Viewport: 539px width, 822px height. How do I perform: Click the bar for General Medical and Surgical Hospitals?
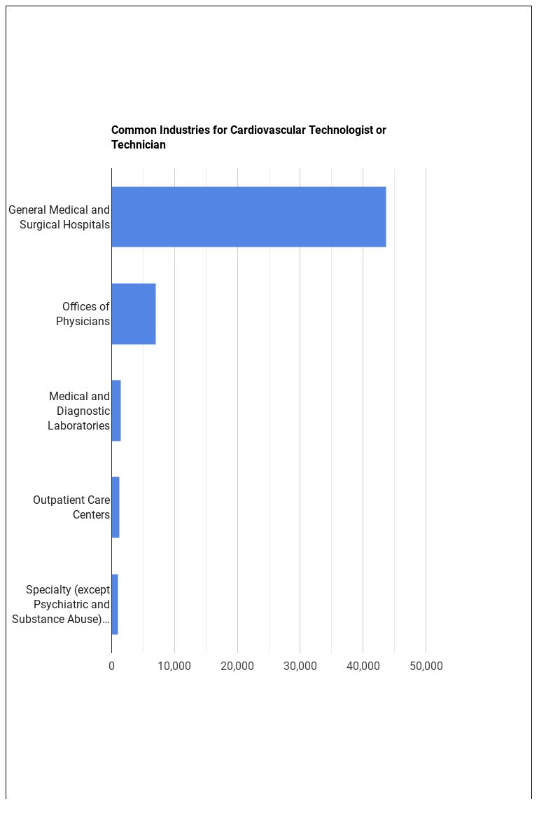point(248,217)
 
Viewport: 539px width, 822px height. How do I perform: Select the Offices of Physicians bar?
point(133,313)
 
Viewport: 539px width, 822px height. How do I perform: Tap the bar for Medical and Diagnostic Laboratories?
point(116,411)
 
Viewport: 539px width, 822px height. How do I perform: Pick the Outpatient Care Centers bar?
point(115,507)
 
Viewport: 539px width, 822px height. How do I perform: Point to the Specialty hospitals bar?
point(115,604)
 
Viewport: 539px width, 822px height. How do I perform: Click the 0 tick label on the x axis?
point(111,666)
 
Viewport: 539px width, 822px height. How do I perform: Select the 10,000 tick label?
point(174,666)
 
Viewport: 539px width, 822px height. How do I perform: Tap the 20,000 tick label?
point(237,666)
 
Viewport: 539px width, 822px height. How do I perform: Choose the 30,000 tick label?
point(300,666)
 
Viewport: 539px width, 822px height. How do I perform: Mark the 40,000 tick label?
point(363,666)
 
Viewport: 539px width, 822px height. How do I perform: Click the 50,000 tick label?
point(426,666)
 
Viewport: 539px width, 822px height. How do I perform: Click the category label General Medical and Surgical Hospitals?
point(59,217)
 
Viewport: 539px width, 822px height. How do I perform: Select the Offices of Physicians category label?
point(83,314)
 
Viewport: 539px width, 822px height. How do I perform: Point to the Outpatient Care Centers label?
point(71,507)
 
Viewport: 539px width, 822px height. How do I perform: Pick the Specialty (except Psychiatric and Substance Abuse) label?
point(62,604)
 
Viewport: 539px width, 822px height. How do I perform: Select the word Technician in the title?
point(139,145)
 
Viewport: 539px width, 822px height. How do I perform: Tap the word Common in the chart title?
point(134,130)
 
